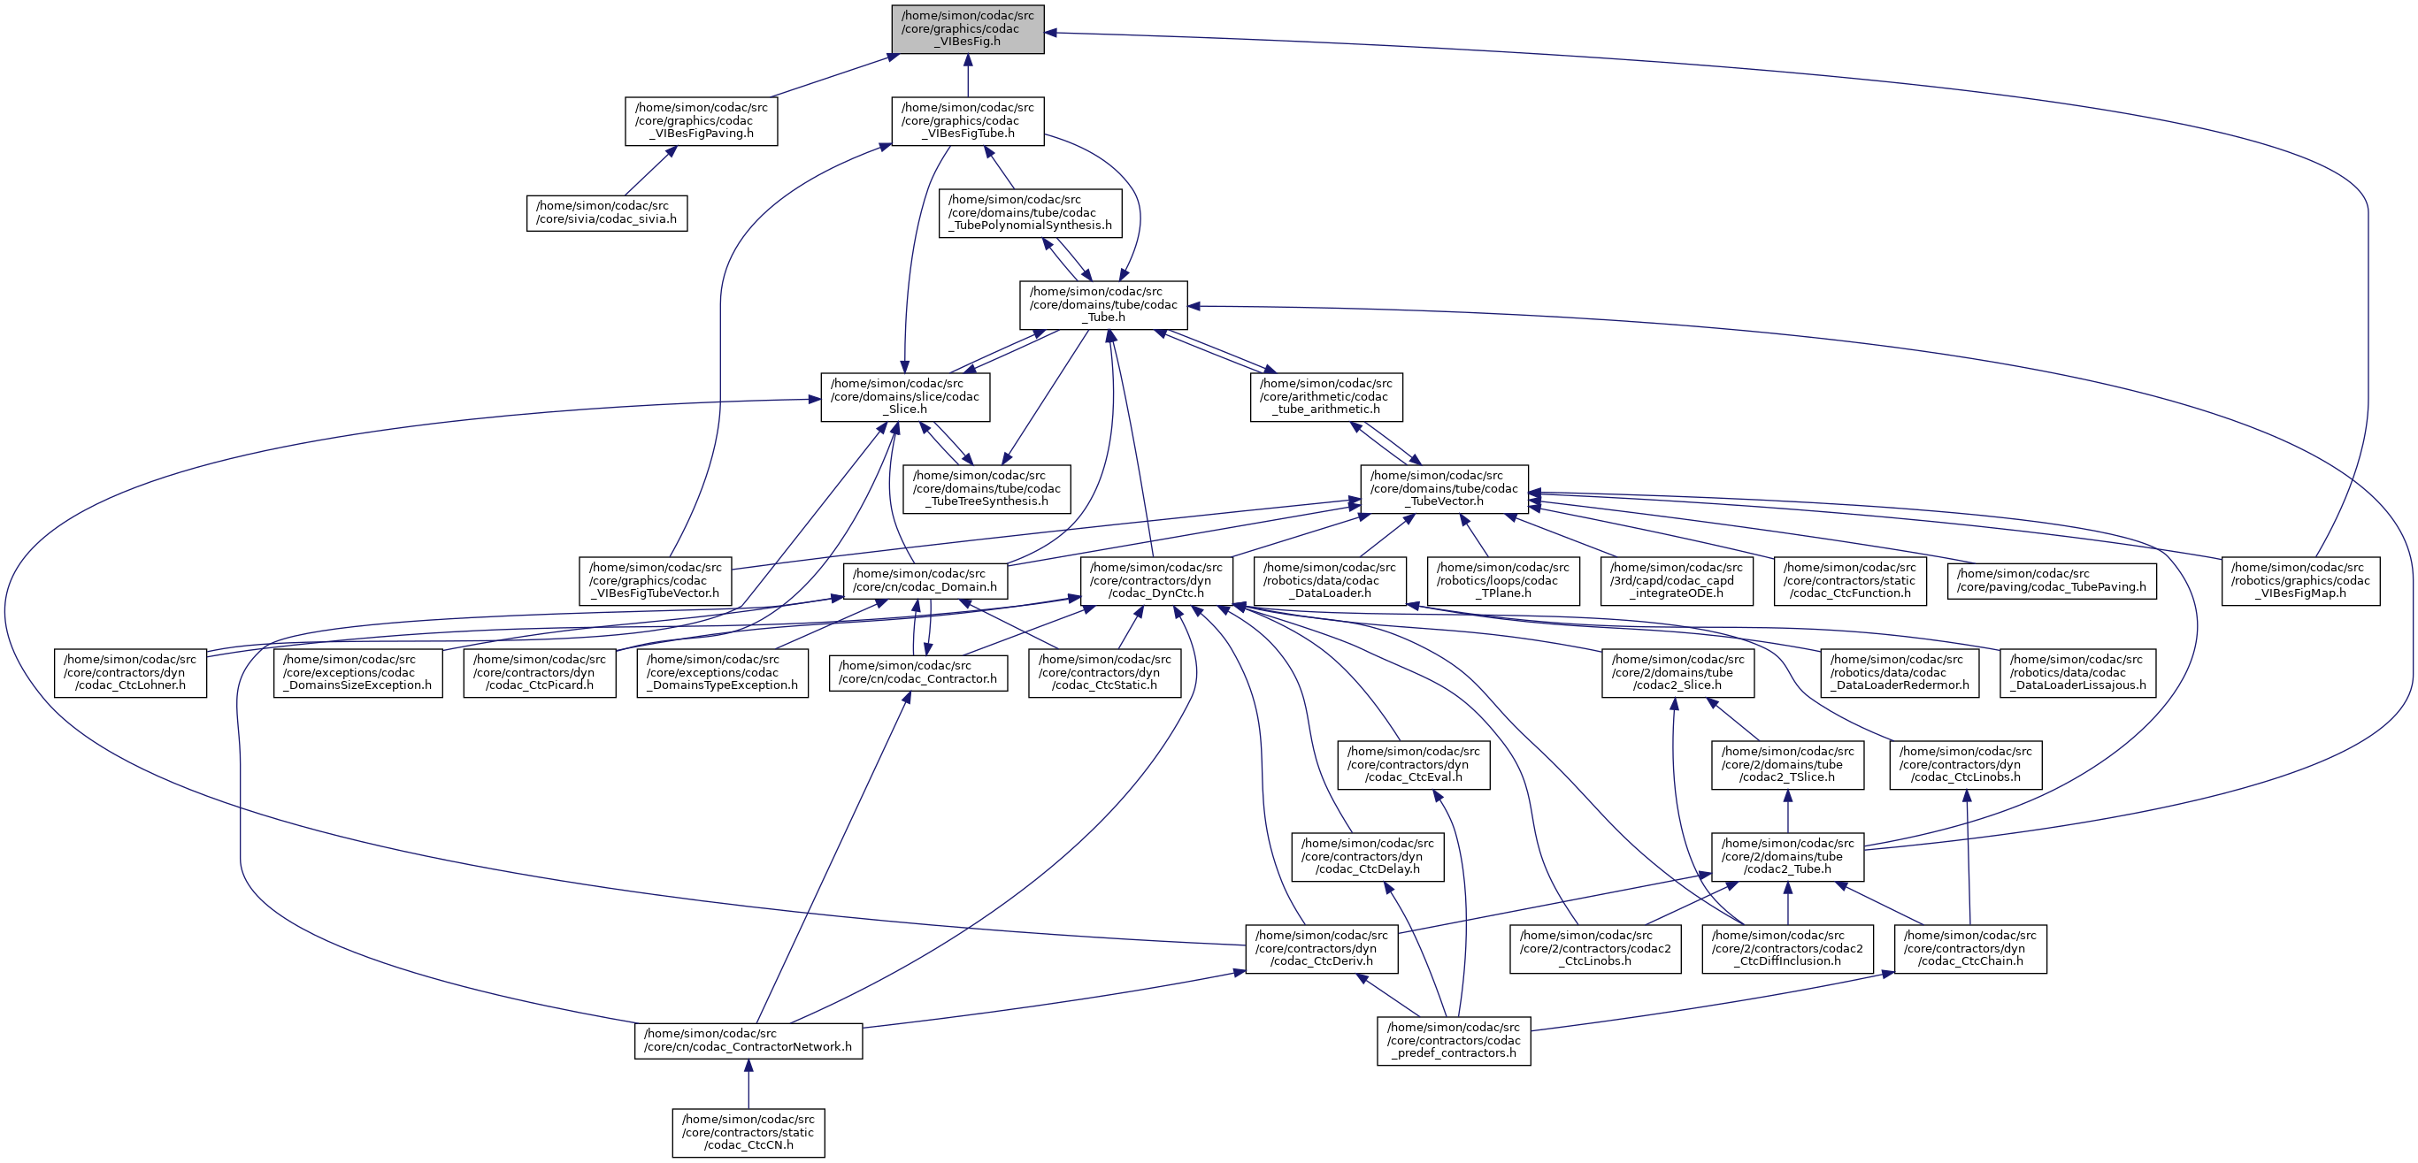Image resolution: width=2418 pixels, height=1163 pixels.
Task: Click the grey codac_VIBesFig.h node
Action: point(968,29)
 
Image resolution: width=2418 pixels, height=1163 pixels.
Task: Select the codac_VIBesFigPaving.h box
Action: point(702,121)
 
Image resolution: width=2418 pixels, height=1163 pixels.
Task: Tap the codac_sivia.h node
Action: point(606,213)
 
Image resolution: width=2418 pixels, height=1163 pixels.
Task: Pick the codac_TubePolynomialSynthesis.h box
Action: point(1030,213)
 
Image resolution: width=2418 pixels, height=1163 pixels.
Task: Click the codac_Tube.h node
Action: point(1103,305)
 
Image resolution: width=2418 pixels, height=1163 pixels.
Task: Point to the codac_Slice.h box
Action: point(905,397)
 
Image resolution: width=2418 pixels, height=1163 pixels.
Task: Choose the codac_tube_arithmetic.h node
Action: point(1325,397)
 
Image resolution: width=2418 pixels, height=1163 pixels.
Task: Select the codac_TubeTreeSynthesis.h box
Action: point(986,489)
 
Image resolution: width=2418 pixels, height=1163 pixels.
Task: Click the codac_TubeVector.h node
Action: point(1444,489)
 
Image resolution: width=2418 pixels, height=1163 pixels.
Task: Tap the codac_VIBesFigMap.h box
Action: point(2299,581)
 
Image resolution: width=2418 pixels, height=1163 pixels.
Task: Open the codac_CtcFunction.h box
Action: point(1849,581)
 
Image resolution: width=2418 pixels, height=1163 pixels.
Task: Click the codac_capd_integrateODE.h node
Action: point(1676,581)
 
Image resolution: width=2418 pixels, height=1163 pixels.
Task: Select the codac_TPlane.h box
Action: point(1503,581)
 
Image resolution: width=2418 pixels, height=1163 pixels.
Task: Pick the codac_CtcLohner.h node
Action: point(129,673)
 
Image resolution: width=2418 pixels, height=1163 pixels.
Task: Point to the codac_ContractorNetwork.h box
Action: point(748,1041)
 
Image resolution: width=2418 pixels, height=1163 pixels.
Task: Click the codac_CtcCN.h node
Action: point(748,1133)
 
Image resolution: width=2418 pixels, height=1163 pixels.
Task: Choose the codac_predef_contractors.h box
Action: point(1453,1041)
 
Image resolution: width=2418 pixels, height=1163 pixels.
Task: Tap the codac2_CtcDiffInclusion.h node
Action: point(1786,949)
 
